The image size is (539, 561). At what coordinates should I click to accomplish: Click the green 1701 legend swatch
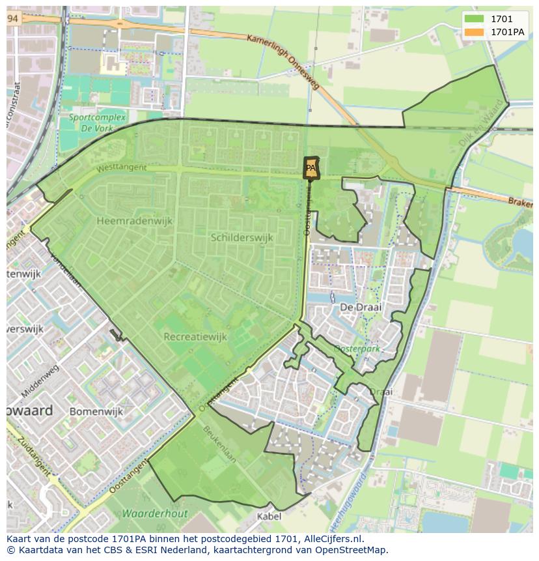475,19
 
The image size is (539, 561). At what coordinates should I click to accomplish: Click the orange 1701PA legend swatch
475,32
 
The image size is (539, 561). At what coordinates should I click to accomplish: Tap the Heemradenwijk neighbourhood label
134,221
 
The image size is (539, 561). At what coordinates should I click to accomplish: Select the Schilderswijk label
242,238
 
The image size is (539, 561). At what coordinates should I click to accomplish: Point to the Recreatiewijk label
195,337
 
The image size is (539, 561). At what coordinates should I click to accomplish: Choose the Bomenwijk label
96,412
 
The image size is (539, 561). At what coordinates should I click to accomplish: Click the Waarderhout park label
155,513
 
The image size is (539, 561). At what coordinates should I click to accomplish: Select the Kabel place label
269,517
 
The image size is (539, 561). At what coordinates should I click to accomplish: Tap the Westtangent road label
122,168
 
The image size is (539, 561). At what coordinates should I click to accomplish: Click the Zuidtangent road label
22,459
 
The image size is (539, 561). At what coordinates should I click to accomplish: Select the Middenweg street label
40,381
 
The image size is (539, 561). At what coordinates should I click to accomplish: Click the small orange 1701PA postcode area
311,167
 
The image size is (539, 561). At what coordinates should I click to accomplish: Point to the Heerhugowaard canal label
351,508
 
